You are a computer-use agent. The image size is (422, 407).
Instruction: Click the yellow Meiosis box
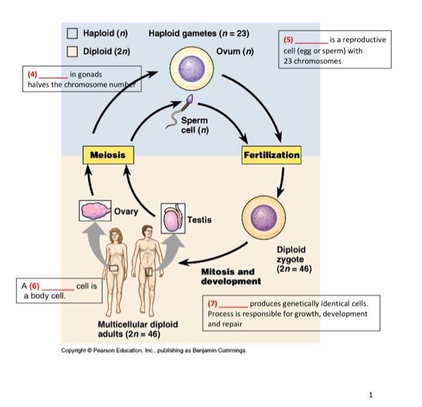coord(108,155)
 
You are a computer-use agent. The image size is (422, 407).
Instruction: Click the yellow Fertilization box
coord(271,155)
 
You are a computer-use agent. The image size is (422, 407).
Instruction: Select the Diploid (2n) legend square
coord(72,51)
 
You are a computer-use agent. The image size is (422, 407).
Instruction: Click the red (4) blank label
coord(33,74)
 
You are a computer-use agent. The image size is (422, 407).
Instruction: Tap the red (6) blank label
coord(36,286)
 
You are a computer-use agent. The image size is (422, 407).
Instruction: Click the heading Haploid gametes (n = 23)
coord(199,33)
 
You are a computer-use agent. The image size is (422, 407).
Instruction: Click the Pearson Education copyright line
coord(154,350)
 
